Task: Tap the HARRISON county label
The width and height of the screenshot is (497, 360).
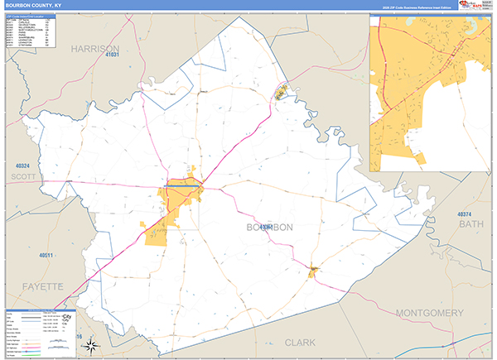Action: [96, 49]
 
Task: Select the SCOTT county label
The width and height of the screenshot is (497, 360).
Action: [24, 175]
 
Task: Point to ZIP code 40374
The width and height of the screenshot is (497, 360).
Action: [469, 214]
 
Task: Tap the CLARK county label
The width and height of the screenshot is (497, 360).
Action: [301, 341]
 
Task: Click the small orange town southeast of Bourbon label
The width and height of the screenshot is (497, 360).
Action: [312, 271]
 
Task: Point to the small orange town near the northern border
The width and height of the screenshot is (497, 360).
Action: [281, 93]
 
